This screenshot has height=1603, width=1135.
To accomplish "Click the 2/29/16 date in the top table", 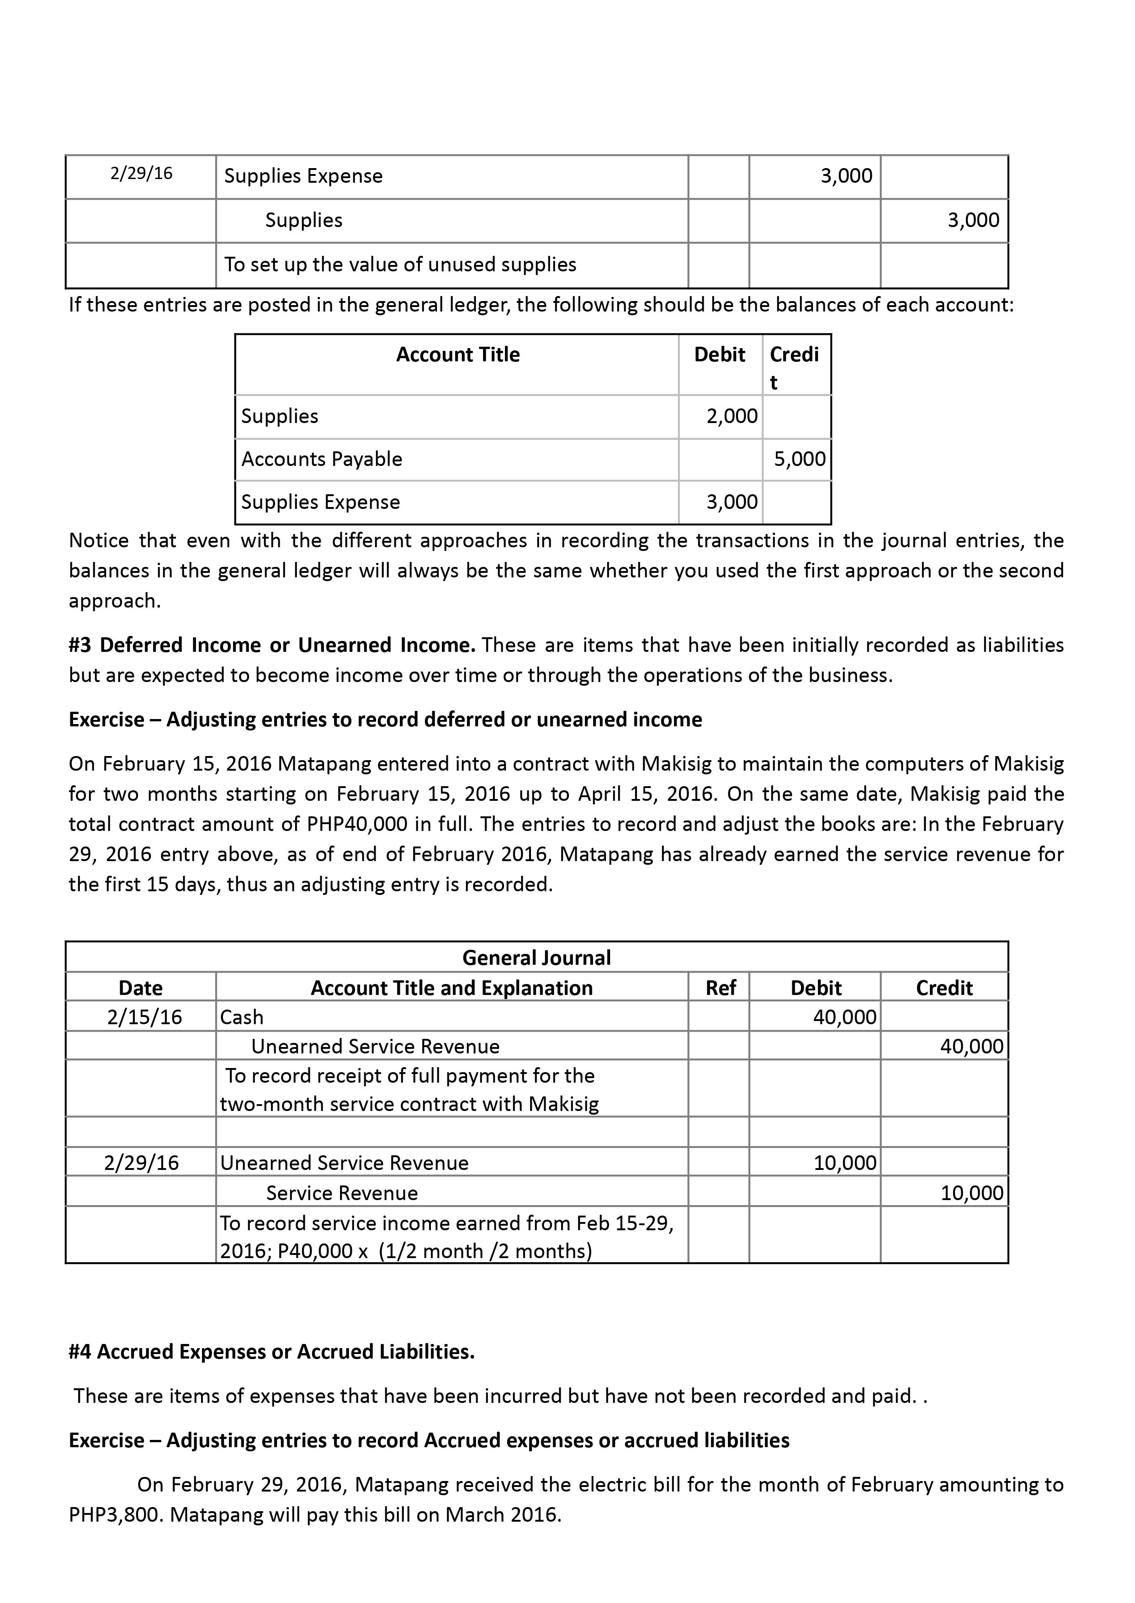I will pos(141,173).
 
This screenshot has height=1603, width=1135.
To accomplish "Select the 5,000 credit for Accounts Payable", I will pos(800,459).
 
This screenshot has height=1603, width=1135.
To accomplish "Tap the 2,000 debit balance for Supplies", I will pos(732,417).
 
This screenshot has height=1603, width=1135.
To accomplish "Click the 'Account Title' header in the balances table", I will pos(458,355).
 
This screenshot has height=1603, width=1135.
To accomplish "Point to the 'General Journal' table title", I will pos(536,958).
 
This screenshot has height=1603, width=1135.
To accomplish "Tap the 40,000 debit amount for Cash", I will pos(844,1017).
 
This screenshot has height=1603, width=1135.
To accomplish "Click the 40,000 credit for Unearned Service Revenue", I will pos(971,1046).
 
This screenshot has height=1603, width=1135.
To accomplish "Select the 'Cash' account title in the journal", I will pos(242,1017).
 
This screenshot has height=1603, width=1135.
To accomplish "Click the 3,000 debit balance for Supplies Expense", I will pos(732,502).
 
